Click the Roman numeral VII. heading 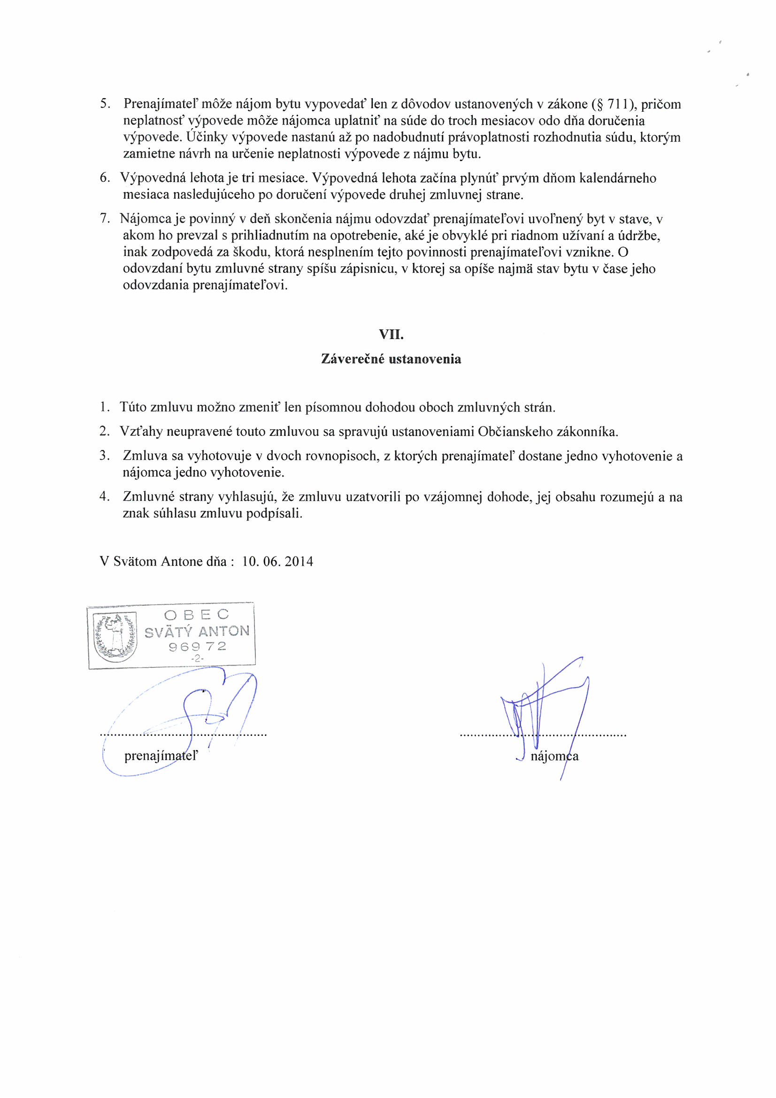point(391,335)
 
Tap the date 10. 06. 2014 point(278,561)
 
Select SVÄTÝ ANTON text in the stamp point(197,632)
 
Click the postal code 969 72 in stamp point(197,647)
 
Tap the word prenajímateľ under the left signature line point(161,756)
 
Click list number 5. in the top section point(105,104)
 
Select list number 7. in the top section point(105,219)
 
